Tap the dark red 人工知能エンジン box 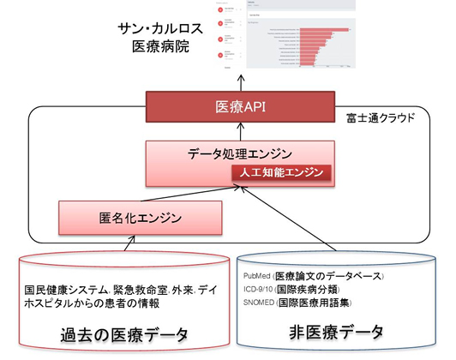(x=279, y=172)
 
